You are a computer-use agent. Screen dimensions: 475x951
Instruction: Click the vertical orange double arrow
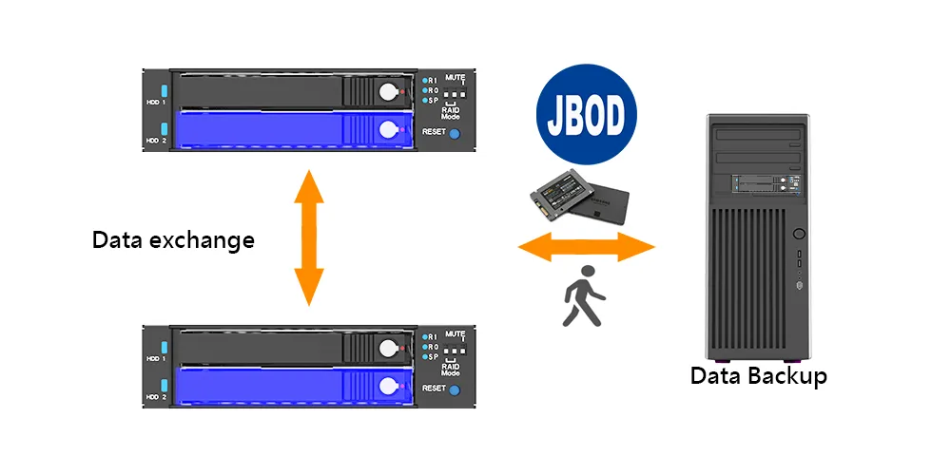(308, 237)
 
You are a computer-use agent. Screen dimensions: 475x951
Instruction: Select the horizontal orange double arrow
(587, 249)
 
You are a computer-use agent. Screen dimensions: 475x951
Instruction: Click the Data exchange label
(173, 240)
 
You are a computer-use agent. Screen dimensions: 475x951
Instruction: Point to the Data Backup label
(758, 376)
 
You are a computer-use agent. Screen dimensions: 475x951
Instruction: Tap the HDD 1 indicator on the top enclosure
(164, 95)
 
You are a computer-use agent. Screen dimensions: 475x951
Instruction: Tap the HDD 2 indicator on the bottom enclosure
(164, 390)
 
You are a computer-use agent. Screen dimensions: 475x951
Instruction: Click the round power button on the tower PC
(799, 234)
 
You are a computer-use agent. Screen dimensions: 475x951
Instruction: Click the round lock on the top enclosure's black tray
(388, 93)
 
